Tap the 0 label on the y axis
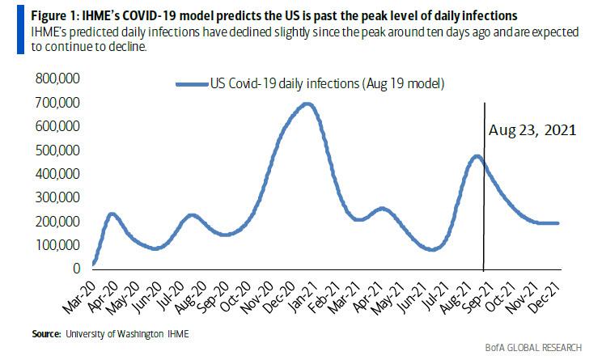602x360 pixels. (77, 268)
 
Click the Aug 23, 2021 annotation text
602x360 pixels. (532, 129)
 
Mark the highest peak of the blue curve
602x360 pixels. (306, 104)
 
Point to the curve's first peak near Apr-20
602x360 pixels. (111, 214)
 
